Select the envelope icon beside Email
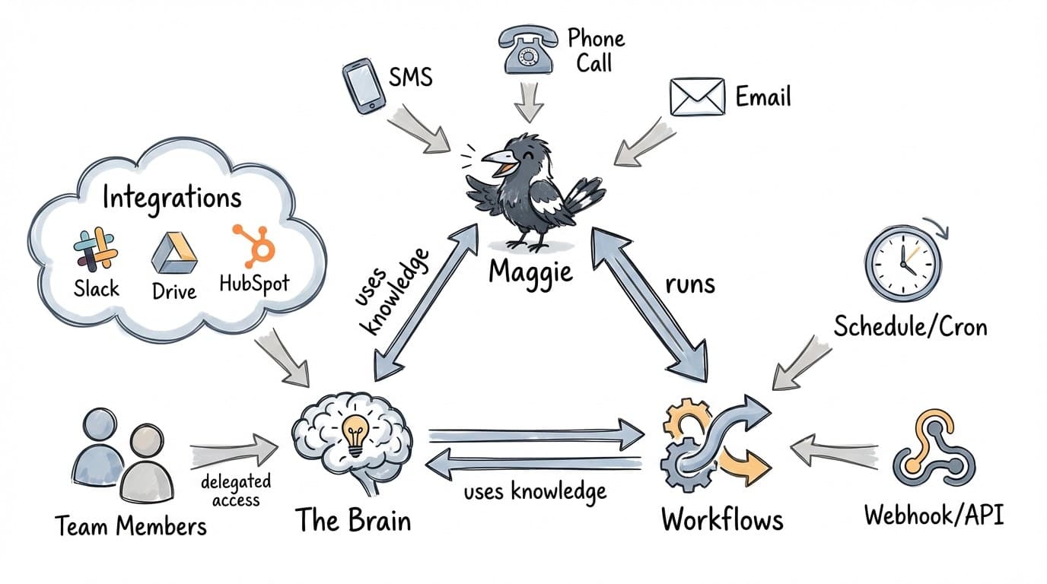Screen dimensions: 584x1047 (695, 97)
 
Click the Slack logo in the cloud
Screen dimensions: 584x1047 (96, 249)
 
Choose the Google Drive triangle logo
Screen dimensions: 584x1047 (174, 253)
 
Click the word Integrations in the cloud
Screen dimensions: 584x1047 (171, 198)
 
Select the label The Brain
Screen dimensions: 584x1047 (353, 521)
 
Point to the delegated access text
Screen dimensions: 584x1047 (237, 491)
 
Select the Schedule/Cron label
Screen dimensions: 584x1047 (911, 326)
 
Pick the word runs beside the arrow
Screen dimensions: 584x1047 (690, 283)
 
